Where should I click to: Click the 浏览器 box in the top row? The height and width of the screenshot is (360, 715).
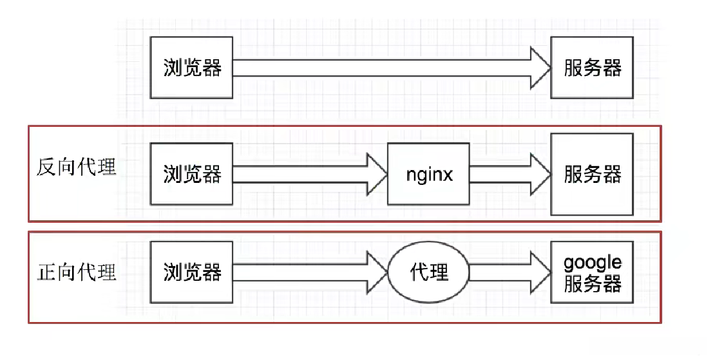191,68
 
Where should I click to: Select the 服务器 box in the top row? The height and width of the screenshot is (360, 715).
592,68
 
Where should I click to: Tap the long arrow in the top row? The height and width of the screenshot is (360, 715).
386,68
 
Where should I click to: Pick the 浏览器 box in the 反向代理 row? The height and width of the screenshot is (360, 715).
191,175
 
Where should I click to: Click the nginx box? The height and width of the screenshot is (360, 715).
428,175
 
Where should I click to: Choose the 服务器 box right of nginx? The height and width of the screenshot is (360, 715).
592,175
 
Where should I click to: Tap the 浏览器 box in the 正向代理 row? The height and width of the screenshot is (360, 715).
191,272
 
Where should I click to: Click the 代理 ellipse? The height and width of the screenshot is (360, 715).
428,272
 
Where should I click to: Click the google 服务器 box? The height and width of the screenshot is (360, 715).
592,272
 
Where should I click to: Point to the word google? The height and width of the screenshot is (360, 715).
593,263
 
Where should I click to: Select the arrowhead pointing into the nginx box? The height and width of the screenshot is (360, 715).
377,175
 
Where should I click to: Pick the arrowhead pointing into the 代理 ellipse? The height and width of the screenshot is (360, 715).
377,272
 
